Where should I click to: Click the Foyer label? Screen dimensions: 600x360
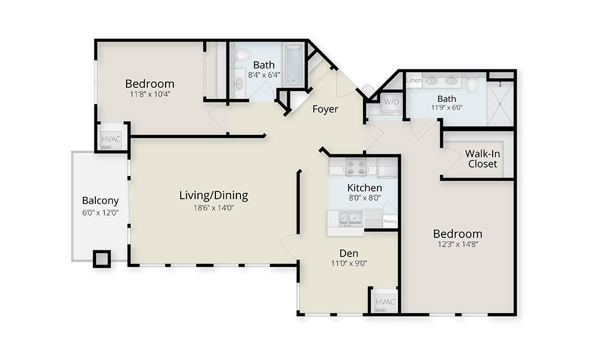tap(325, 109)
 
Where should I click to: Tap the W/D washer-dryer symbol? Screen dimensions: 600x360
tap(391, 103)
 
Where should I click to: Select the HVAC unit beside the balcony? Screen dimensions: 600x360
tap(111, 139)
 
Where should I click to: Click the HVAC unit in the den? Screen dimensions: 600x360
tap(385, 302)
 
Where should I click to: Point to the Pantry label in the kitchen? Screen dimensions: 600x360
tap(391, 221)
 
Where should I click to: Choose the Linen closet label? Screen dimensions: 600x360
tap(414, 80)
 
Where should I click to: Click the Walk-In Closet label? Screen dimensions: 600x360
tap(482, 159)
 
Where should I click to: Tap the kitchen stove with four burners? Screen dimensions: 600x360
tap(356, 167)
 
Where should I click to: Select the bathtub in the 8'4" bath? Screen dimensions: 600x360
tap(294, 64)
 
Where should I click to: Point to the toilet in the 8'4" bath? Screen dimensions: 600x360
tap(242, 55)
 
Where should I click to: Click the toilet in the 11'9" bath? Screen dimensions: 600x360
tap(472, 85)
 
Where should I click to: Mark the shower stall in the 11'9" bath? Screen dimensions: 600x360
tap(500, 103)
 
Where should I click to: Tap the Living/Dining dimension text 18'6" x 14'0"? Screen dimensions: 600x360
tap(214, 208)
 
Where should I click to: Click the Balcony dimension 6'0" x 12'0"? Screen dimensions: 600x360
tap(100, 213)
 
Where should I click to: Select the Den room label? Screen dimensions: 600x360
tap(349, 253)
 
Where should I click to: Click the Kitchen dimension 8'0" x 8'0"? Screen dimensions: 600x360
tap(365, 198)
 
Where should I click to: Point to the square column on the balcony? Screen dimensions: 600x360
tap(102, 259)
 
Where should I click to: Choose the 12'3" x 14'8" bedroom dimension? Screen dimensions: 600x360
tap(458, 244)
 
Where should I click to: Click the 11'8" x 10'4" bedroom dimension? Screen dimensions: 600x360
tap(150, 94)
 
